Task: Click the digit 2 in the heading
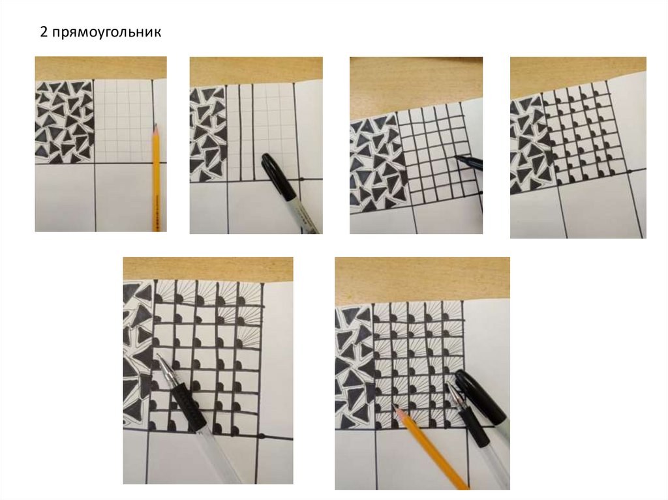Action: tap(44, 32)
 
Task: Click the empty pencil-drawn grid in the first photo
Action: tap(123, 121)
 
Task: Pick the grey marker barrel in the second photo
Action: tap(304, 215)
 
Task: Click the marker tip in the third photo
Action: tap(457, 158)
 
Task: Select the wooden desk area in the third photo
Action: tap(416, 85)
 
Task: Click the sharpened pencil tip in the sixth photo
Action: tap(396, 408)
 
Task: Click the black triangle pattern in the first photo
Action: tap(65, 122)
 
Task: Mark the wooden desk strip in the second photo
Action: tap(256, 70)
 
